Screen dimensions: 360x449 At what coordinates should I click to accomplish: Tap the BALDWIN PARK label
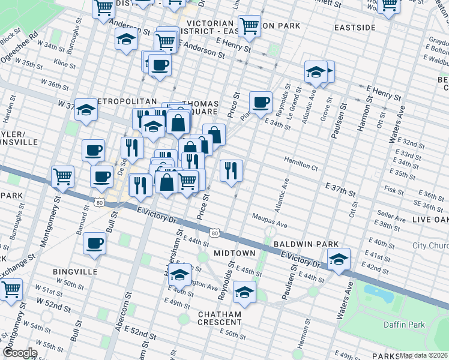click(302, 245)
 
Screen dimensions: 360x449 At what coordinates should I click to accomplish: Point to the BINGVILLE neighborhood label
click(74, 272)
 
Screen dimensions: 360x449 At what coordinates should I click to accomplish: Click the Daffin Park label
click(404, 325)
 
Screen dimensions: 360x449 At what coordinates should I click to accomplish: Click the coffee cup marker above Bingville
click(95, 244)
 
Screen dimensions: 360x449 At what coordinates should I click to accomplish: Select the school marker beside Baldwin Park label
click(339, 259)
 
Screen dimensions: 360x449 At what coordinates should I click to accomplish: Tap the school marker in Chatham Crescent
click(244, 292)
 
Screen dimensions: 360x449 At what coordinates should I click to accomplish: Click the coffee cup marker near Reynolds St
click(260, 102)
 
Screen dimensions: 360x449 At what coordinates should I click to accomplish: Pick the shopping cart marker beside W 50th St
click(11, 289)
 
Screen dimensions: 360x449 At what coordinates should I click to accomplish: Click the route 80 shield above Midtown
click(214, 232)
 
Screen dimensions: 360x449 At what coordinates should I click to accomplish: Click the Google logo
click(20, 353)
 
